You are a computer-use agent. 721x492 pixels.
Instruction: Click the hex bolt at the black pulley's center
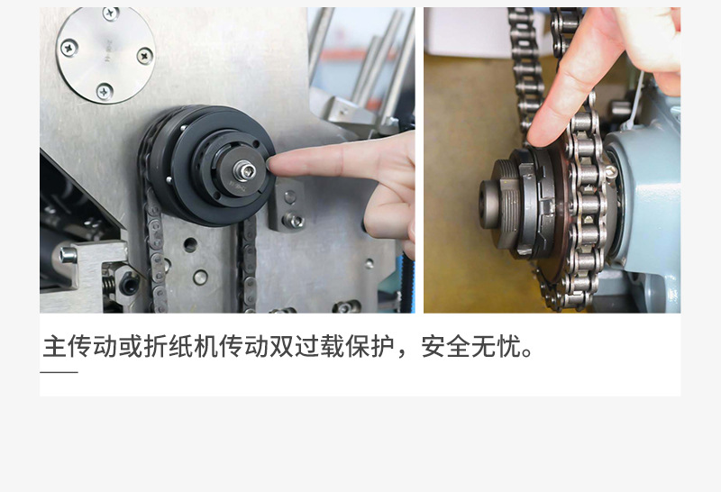coord(244,171)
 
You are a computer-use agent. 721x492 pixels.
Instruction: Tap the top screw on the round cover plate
coord(111,14)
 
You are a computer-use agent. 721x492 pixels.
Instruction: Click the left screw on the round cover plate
coord(69,48)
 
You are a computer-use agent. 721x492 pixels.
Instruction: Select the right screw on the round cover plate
coord(144,56)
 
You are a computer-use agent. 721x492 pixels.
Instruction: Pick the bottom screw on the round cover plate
coord(105,92)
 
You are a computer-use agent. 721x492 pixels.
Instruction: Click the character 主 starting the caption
coord(55,347)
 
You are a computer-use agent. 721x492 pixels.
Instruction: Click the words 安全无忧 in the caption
coord(470,347)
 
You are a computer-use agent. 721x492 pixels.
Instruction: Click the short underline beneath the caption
coord(59,372)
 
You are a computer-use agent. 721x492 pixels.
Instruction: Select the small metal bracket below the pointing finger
coord(287,205)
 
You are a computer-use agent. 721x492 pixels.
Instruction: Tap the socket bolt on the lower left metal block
coord(68,255)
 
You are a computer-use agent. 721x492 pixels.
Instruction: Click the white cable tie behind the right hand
coord(634,102)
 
